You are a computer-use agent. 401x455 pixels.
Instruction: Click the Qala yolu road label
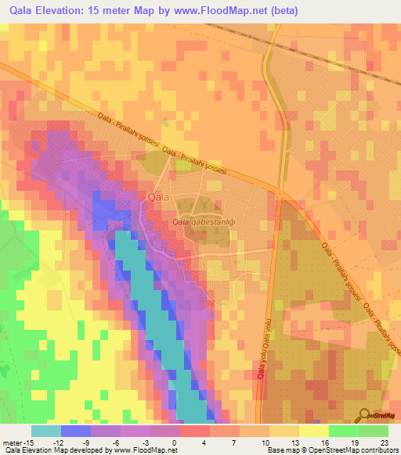point(265,348)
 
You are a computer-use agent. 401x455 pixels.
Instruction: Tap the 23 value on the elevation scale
point(384,442)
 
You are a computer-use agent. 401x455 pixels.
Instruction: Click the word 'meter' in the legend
point(11,442)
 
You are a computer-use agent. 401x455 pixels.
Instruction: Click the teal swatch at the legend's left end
point(45,431)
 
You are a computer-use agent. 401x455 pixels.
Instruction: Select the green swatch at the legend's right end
point(374,431)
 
